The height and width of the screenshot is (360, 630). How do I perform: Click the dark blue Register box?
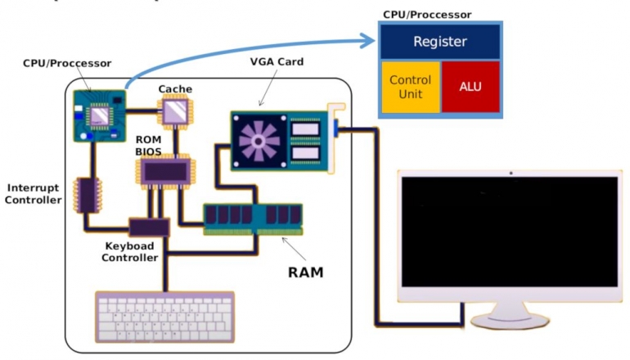coord(439,41)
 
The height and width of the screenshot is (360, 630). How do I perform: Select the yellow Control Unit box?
coord(410,87)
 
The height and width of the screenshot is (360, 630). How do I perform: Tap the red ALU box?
coord(470,87)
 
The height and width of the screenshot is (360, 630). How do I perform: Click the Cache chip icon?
coord(174,110)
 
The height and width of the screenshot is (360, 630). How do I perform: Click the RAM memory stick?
coord(253,217)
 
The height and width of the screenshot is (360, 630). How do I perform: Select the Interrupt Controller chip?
coord(84,195)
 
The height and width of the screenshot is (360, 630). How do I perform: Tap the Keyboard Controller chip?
coord(149,227)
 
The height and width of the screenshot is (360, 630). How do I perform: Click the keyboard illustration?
coord(164,317)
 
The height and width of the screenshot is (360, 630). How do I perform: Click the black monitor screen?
coord(509,232)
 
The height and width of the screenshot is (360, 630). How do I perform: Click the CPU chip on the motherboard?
coord(100,115)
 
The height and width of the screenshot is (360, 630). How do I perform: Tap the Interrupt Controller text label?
coord(33,194)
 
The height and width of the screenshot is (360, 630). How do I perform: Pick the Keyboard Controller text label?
coord(130,252)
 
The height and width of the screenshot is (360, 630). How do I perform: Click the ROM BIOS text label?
coord(150,145)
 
